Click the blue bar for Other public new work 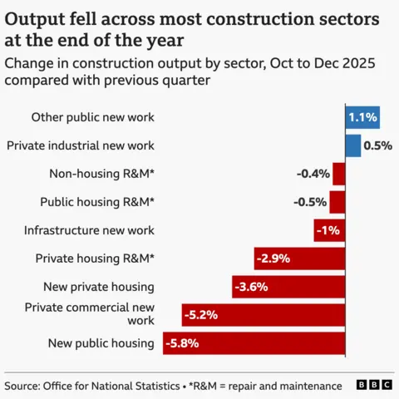tap(362, 117)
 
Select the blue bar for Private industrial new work tap(353, 145)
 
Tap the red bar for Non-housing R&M tap(339, 174)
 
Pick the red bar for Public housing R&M tap(337, 202)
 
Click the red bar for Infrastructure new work tap(329, 230)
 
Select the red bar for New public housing tap(254, 343)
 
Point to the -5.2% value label tap(202, 315)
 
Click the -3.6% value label tap(252, 287)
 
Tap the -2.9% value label tap(273, 259)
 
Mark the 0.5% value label tap(377, 145)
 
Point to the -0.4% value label tap(313, 174)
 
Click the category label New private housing tap(99, 287)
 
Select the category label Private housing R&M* tap(95, 259)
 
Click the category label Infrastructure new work tap(89, 230)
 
